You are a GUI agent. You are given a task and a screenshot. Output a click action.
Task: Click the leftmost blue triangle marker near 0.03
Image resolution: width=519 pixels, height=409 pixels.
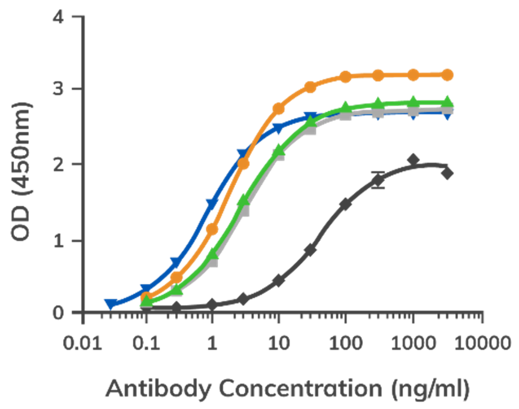(x=110, y=303)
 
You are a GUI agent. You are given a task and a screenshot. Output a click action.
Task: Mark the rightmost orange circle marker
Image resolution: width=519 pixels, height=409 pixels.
(x=448, y=74)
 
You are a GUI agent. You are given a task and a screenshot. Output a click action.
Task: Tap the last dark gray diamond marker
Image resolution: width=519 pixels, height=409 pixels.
(x=447, y=174)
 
